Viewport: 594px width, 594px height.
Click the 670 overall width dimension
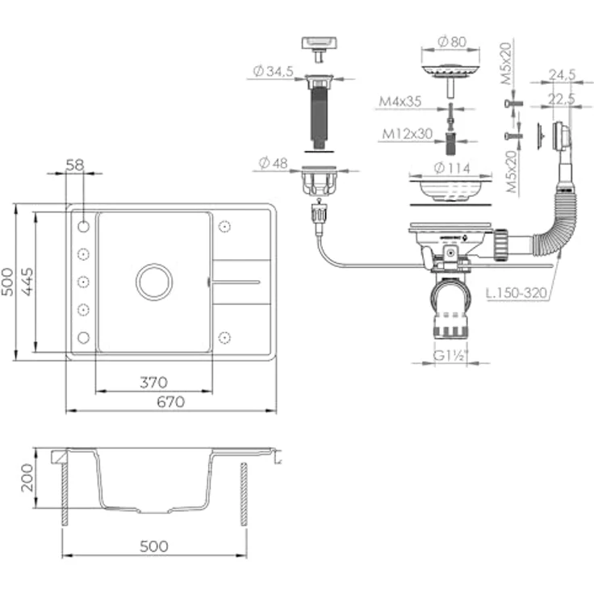click(171, 402)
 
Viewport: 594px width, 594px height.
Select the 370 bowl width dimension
click(153, 383)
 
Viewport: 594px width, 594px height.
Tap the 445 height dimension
click(27, 282)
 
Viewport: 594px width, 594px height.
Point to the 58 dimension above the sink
click(74, 165)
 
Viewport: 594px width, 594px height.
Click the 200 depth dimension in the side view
click(27, 478)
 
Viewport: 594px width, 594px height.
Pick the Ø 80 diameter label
click(452, 41)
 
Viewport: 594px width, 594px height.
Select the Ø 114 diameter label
click(452, 168)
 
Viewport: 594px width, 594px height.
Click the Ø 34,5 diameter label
click(273, 71)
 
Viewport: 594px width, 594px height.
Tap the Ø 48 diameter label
click(273, 163)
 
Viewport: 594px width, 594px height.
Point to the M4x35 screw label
click(400, 101)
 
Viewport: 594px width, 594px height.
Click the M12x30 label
click(408, 134)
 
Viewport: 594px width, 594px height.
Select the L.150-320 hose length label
click(517, 293)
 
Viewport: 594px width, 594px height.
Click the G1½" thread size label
click(450, 355)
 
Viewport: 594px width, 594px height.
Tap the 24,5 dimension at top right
click(563, 74)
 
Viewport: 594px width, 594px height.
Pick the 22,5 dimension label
click(563, 99)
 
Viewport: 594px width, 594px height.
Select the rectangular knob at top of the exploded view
click(320, 49)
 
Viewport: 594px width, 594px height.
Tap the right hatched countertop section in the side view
click(244, 494)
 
